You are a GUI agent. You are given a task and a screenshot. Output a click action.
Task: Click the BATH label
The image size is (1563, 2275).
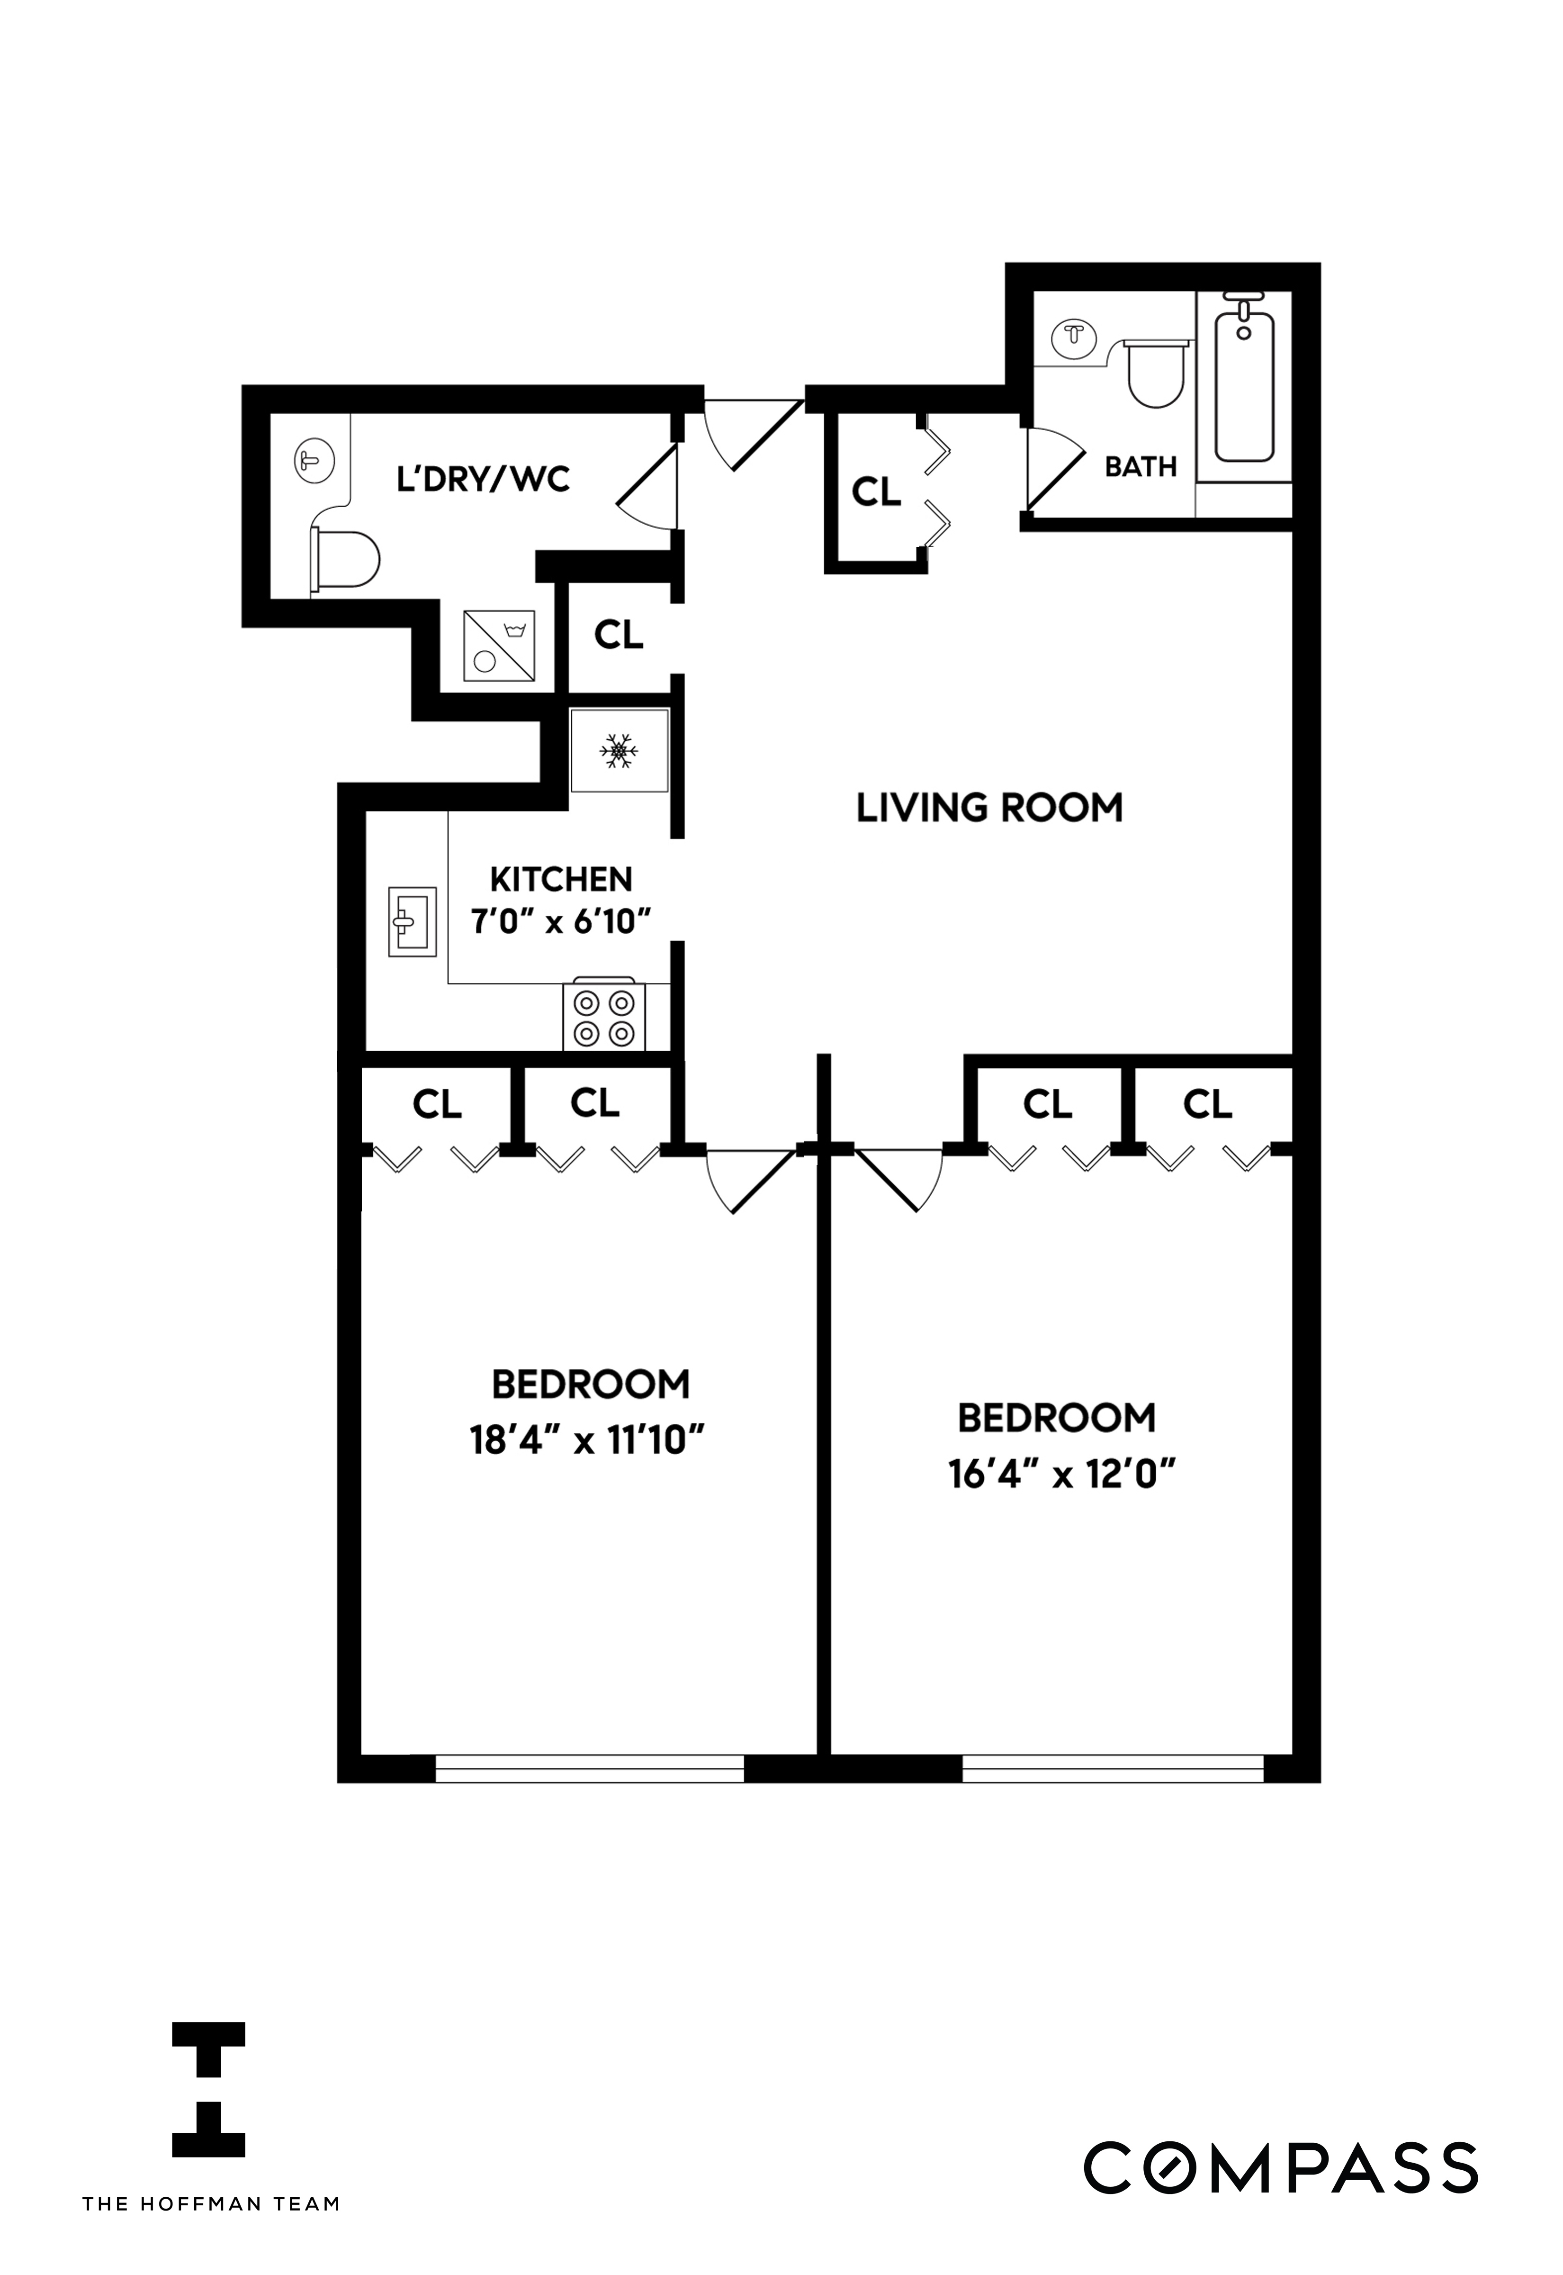1140,466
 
